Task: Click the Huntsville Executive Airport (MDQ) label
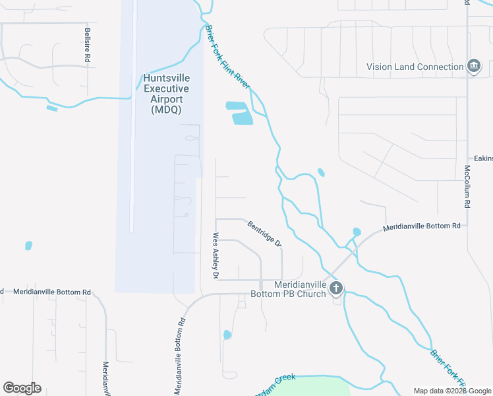166,94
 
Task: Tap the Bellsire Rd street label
87,45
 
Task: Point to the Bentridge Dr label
265,233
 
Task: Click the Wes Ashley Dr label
215,255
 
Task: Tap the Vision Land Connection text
415,67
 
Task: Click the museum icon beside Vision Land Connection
474,66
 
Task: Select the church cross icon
336,287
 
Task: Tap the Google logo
22,388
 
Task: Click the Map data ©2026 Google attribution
451,390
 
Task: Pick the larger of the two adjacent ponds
242,118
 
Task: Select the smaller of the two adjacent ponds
235,105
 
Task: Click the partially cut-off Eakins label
483,158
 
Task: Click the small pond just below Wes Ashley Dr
227,335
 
